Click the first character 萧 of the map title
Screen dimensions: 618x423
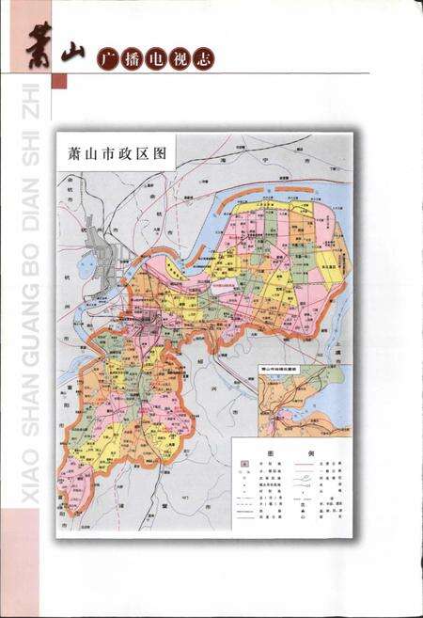click(68, 151)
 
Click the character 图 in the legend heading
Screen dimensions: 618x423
click(270, 451)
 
